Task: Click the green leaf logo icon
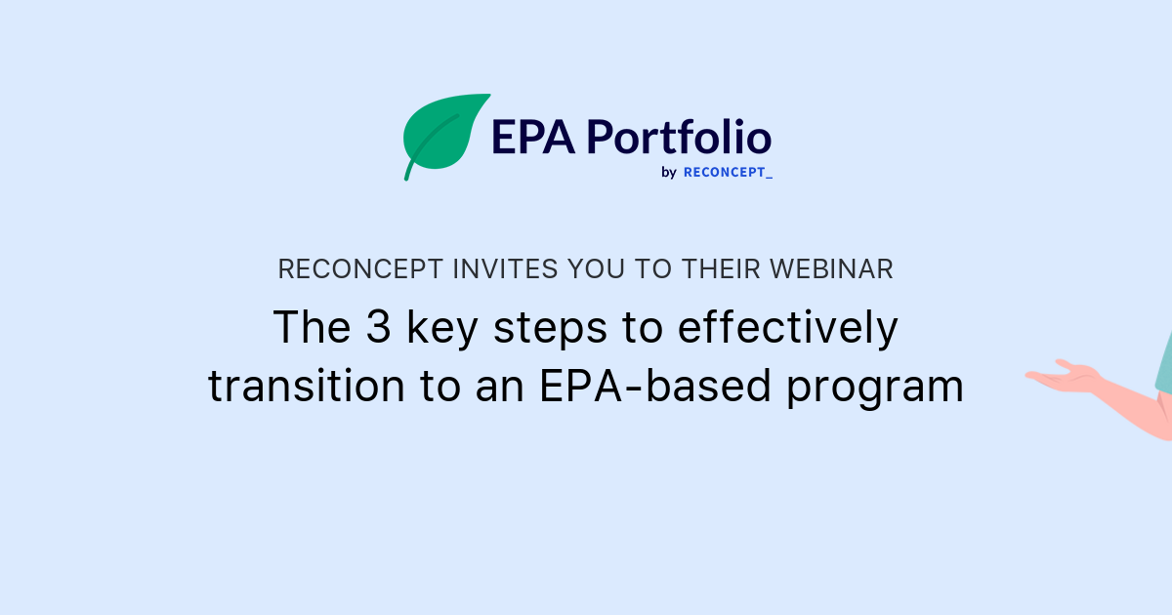tap(445, 135)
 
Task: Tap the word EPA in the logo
tap(531, 137)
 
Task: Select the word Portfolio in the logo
tap(679, 137)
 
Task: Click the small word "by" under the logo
tap(669, 173)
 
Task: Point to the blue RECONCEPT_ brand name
tap(728, 173)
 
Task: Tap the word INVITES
tap(488, 269)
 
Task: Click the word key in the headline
tap(441, 330)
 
